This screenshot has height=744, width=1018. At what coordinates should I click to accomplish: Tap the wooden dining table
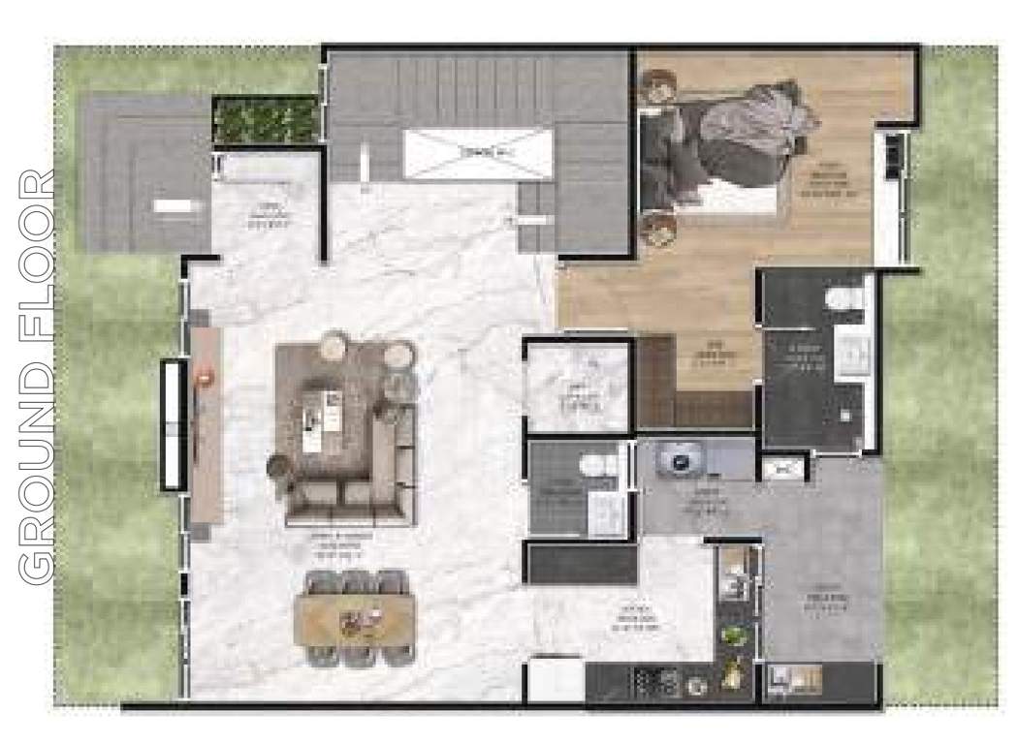[x=355, y=617]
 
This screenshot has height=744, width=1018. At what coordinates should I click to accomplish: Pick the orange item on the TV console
[x=205, y=378]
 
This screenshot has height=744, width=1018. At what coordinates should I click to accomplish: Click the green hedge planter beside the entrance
[x=265, y=118]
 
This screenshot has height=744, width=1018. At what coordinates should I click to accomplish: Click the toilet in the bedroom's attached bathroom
[x=846, y=298]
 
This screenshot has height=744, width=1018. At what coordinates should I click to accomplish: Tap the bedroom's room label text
[x=826, y=179]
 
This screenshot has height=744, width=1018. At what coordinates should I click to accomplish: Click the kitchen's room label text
[x=636, y=621]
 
